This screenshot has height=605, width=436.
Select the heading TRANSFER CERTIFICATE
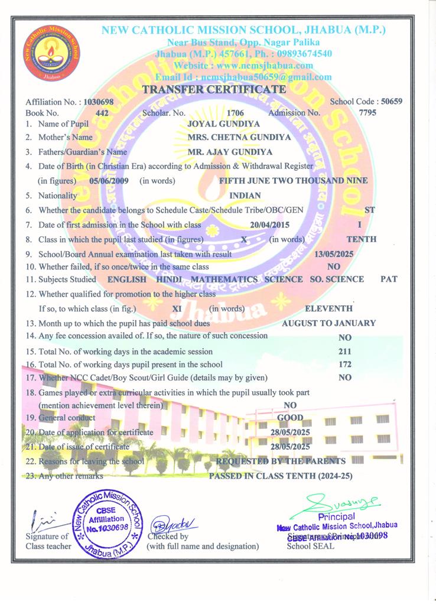(214, 89)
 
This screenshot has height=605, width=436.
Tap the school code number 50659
(392, 101)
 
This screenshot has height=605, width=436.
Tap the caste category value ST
(370, 210)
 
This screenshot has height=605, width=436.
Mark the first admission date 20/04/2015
(270, 225)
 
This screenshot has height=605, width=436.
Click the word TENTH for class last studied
(362, 239)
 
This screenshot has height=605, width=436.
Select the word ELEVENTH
(328, 308)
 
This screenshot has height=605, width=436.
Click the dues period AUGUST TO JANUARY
(328, 323)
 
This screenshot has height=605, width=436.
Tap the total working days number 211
(346, 352)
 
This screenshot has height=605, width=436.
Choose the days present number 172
(346, 365)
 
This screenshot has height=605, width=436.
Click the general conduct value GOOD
(290, 418)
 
